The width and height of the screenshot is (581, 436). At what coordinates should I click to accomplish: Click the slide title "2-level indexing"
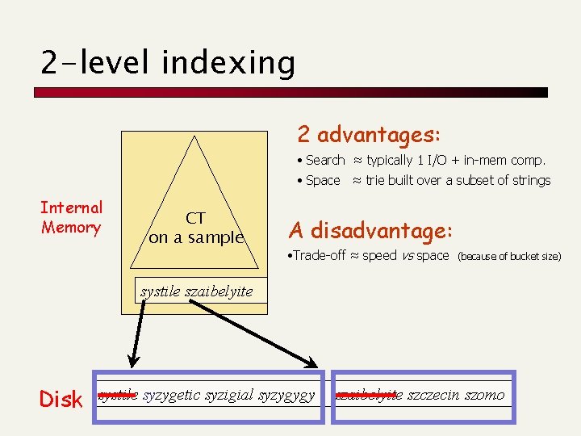(168, 62)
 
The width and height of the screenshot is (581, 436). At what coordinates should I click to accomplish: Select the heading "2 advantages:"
(369, 133)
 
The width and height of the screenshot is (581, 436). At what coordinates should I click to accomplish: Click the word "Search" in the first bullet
(325, 161)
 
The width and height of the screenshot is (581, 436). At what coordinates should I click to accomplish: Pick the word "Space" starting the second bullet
(323, 180)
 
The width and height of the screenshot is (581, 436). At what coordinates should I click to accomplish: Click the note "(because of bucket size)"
(508, 257)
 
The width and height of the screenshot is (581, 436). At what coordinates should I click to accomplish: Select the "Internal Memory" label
(72, 218)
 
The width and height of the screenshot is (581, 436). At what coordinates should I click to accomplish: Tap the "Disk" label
(61, 399)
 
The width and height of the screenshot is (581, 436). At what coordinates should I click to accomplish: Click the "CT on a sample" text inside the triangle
(195, 228)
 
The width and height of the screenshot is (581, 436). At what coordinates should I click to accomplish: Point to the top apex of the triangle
(194, 137)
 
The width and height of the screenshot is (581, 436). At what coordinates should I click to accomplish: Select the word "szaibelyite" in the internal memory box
(219, 291)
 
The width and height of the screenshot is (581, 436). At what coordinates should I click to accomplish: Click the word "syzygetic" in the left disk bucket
(172, 395)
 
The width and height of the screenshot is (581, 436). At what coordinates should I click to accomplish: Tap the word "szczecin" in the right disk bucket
(434, 395)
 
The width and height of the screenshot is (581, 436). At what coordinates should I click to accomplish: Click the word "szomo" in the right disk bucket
(484, 395)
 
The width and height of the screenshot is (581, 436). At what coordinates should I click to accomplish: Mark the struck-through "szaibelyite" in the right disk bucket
(369, 395)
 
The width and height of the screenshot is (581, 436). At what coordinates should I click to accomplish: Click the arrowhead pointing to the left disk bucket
(132, 361)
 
